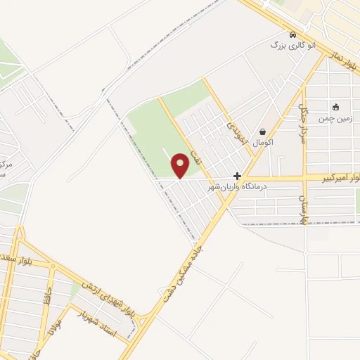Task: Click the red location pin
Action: tap(181, 165)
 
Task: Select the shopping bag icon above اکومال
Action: tap(263, 131)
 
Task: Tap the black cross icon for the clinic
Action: tap(238, 176)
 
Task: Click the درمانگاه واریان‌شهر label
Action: tap(240, 188)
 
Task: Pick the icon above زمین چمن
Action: tap(335, 108)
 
